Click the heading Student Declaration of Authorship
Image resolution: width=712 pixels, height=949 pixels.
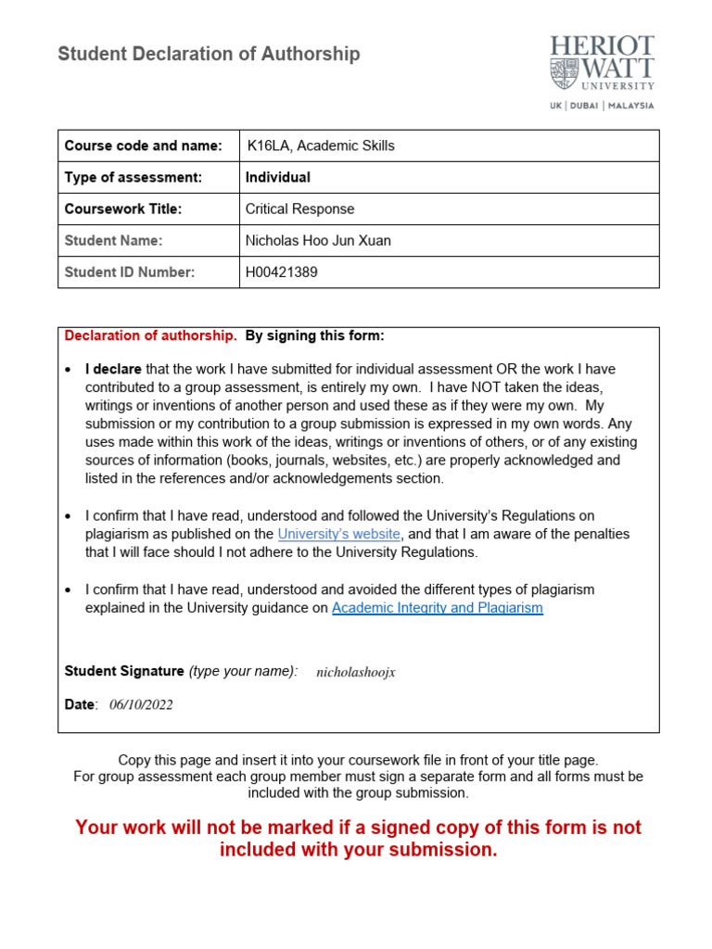(x=209, y=55)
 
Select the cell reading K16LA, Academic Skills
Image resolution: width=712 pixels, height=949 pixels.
(x=320, y=146)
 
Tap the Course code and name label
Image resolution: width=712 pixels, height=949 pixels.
(x=143, y=146)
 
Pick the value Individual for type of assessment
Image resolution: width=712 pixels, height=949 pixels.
(x=278, y=177)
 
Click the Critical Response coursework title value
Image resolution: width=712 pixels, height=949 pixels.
(x=299, y=209)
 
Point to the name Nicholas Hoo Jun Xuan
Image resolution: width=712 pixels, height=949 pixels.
(x=318, y=240)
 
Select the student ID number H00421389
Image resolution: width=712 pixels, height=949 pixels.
(x=282, y=272)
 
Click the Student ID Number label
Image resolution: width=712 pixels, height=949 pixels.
(x=129, y=272)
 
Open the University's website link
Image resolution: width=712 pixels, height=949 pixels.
(x=339, y=534)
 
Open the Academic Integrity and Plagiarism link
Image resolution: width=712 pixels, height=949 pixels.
(x=438, y=608)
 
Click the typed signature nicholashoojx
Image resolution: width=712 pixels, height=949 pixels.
(x=356, y=672)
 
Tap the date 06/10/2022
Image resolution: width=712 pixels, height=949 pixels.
(x=141, y=704)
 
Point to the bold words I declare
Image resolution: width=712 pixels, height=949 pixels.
(x=113, y=369)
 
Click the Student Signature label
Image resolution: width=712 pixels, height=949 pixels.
(x=124, y=671)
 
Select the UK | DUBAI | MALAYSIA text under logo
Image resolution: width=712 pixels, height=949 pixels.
(x=602, y=106)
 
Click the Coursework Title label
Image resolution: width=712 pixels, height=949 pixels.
(x=122, y=209)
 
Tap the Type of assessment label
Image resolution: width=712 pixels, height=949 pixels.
(x=133, y=177)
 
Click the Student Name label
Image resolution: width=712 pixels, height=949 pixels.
(x=113, y=240)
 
